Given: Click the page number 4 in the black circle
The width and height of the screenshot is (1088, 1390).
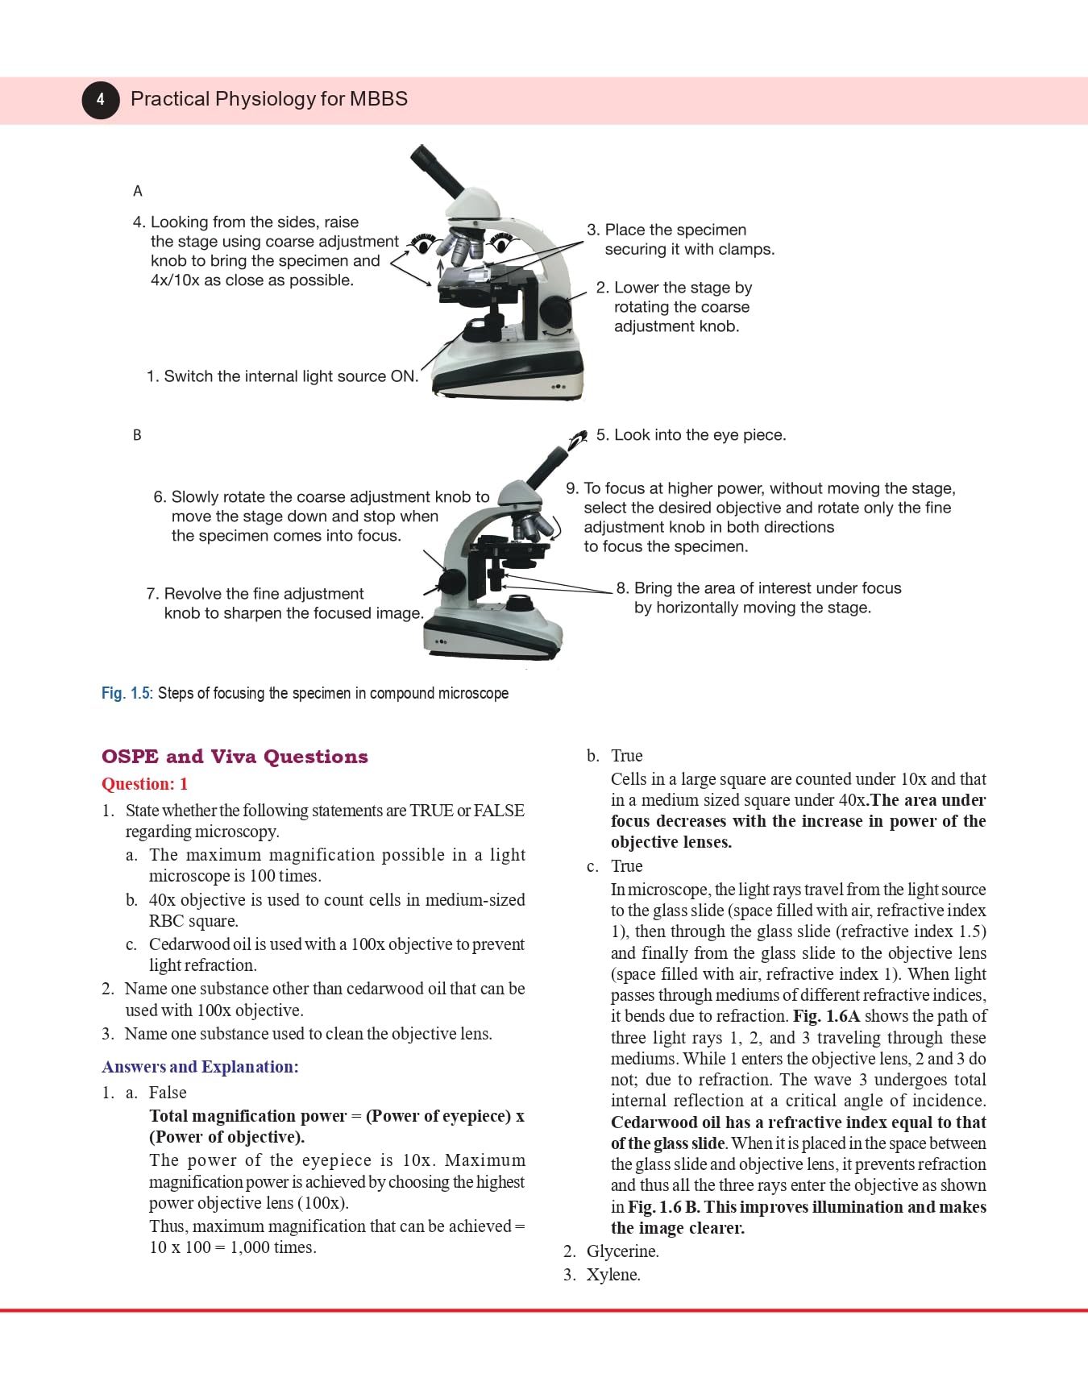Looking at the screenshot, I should coord(100,99).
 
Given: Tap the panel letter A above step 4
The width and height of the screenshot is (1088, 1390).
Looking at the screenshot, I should coord(137,191).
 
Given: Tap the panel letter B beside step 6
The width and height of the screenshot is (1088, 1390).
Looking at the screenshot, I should coord(137,435).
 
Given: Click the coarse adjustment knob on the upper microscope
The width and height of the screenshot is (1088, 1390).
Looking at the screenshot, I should coord(556,311).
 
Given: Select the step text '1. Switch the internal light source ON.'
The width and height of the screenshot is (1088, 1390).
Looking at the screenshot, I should coord(282,376).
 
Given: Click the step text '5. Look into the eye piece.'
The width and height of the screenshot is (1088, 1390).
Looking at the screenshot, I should coord(691,435).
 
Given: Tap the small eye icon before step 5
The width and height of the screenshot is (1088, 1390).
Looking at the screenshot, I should coord(577,440).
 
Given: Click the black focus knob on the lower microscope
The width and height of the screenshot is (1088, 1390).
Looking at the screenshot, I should coord(452,582).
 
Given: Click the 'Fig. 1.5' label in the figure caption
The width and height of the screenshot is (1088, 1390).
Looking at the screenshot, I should coord(126,693).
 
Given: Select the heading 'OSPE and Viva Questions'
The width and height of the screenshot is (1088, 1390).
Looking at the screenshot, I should coord(235,757).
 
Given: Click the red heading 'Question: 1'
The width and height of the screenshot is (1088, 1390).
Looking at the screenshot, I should coord(144,784).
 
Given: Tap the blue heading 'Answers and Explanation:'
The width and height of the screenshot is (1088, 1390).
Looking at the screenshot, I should coord(200,1067).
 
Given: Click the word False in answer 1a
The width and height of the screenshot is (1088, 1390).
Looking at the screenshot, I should coord(168,1093).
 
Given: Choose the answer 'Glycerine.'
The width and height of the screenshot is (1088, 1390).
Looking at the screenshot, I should coord(622,1251).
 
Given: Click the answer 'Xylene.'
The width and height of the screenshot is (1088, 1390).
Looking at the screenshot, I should coord(613,1275).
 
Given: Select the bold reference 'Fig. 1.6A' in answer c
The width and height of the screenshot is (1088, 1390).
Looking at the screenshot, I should coord(826,1016).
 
